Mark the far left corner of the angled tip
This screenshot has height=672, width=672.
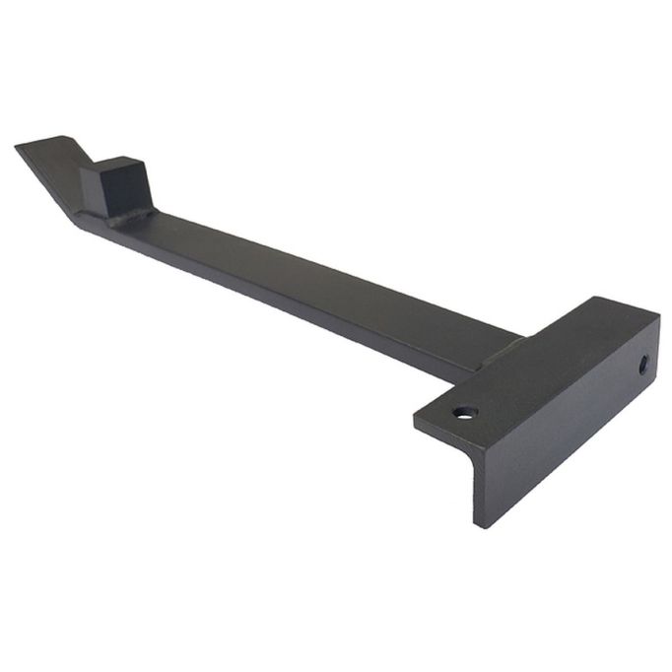coord(17,148)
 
